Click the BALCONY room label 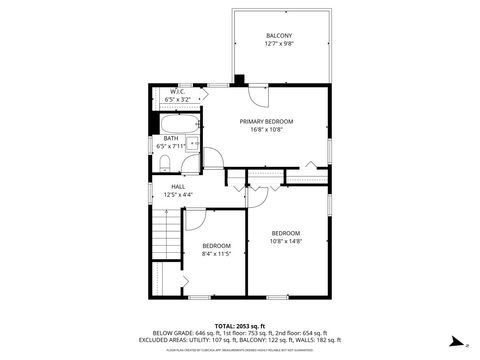(x=279, y=35)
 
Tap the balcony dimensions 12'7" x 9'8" (x=279, y=44)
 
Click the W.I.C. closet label (x=177, y=91)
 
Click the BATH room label (x=171, y=139)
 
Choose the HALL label (x=178, y=186)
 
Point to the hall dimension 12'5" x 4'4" (x=178, y=195)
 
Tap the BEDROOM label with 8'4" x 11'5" (x=216, y=246)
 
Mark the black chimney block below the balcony (x=238, y=80)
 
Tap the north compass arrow (x=453, y=339)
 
